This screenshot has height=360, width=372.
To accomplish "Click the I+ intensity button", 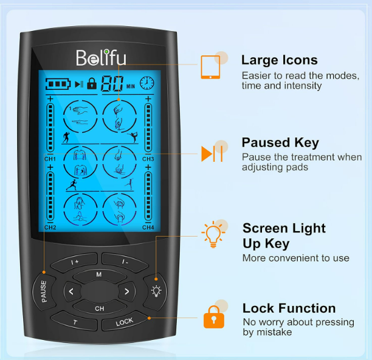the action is point(75,261).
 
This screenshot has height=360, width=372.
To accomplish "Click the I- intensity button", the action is point(125,261).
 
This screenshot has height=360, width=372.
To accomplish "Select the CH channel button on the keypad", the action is point(100,308).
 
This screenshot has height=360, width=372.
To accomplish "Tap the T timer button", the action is point(75,322).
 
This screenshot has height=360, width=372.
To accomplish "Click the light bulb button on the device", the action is point(156,291).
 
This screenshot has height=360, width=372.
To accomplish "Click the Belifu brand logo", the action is point(101,58).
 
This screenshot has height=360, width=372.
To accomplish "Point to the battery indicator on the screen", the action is point(58,84).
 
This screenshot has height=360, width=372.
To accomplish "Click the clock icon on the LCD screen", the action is point(147,83).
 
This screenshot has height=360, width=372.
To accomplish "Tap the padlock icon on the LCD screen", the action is point(92,83).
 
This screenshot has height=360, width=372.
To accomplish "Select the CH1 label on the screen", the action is point(50,159).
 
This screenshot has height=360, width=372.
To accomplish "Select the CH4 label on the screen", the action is point(148,227).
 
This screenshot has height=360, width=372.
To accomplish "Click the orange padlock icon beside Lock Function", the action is point(214,317).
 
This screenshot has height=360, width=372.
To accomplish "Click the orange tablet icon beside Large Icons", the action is point(210,67).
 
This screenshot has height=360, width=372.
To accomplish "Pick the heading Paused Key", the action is point(280,143).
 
